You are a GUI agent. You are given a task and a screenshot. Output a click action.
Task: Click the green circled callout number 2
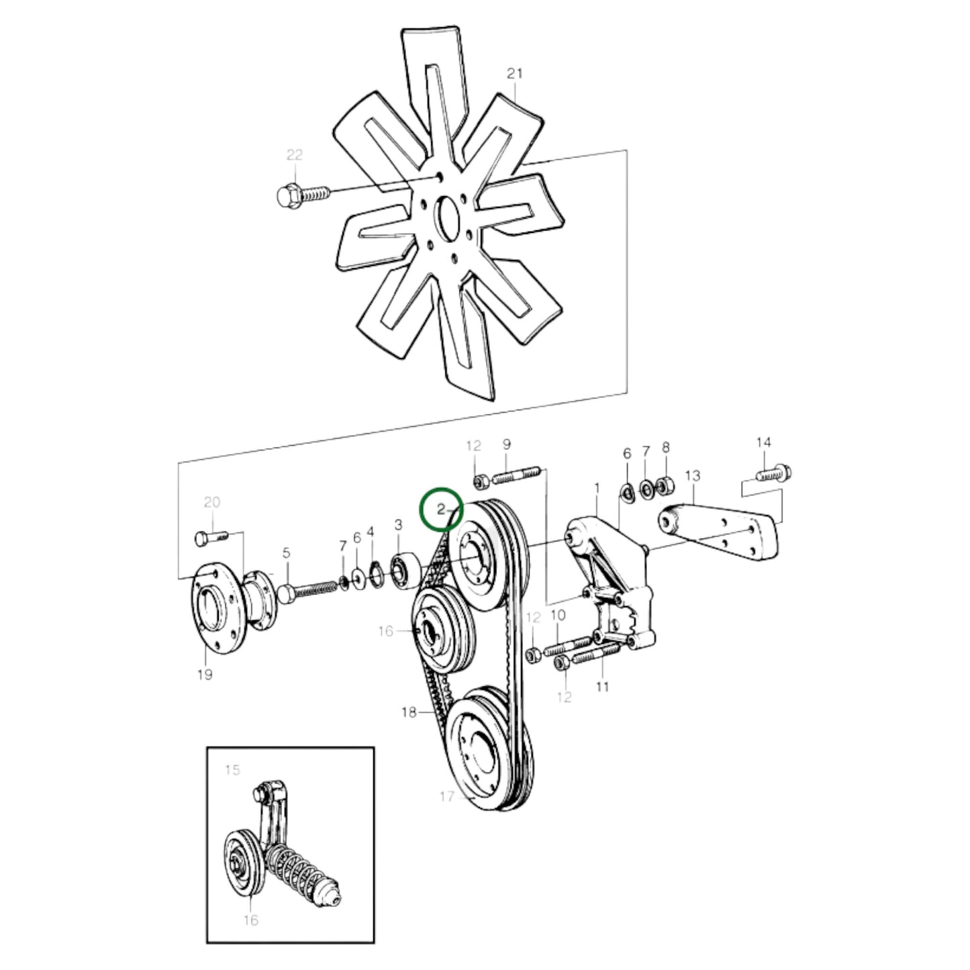point(441,510)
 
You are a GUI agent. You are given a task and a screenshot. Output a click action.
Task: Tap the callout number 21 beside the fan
point(514,74)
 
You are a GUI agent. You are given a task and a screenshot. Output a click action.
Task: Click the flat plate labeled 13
point(722,534)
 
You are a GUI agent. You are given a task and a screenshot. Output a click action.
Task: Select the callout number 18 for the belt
point(408,712)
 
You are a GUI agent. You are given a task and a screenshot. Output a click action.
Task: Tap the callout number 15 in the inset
point(232,770)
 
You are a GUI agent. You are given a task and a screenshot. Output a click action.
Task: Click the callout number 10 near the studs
point(558,616)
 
